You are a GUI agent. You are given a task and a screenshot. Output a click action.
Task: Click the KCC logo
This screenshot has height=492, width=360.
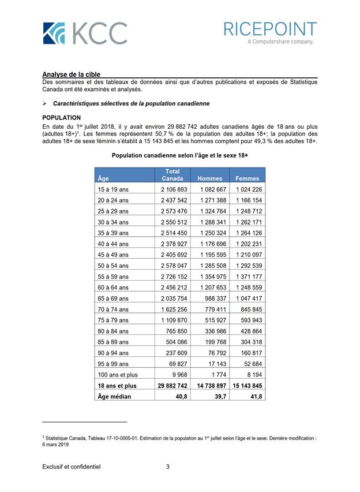click(x=85, y=33)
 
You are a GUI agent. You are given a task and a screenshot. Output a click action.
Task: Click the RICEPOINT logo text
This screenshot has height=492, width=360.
click(x=270, y=29)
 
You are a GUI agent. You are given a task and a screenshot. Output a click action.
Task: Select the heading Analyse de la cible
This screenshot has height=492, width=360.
click(x=71, y=74)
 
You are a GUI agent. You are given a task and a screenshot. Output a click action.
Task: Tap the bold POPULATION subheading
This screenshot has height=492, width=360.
click(x=61, y=118)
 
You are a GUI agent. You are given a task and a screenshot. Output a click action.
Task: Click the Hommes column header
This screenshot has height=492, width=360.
click(x=210, y=178)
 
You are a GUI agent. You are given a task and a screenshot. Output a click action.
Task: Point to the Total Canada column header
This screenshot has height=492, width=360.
click(x=172, y=175)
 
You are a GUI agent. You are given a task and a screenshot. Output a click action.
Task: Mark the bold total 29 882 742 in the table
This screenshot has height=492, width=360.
click(x=172, y=386)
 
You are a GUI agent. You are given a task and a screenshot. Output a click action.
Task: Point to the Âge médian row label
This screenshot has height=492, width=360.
click(x=115, y=396)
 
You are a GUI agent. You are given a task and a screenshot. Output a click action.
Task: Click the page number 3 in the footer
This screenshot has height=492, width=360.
click(x=167, y=467)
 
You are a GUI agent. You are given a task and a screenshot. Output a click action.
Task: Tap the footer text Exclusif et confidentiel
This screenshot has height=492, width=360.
click(x=71, y=467)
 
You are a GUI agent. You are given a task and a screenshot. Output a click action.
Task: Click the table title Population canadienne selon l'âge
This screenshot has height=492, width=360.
click(x=180, y=156)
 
